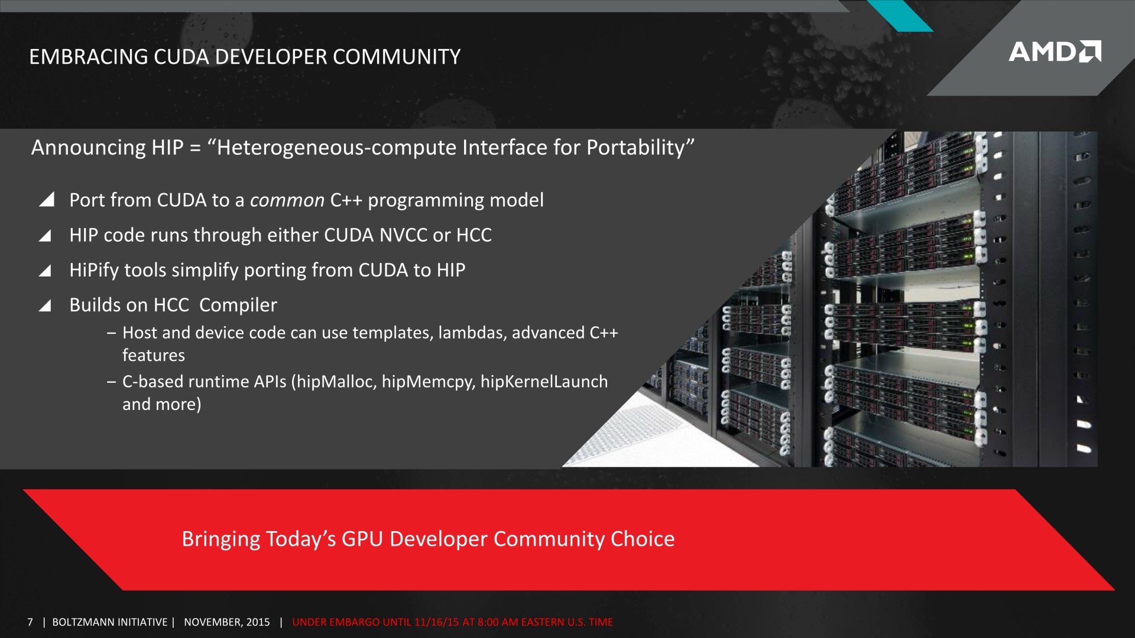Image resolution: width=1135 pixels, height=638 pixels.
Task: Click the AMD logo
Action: [x=1055, y=51]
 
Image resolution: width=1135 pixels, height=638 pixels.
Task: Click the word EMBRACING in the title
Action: [x=89, y=57]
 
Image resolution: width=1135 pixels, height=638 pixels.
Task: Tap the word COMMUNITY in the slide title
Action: [x=397, y=57]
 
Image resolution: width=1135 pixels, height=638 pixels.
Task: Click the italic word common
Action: [x=287, y=201]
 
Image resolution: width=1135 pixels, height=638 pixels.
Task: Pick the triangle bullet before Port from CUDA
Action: [x=47, y=200]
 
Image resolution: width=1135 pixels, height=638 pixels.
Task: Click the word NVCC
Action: [x=403, y=235]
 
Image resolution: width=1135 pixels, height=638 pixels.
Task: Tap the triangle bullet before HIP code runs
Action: [x=45, y=236]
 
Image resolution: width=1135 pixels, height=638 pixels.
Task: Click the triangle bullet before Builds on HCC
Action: [x=45, y=305]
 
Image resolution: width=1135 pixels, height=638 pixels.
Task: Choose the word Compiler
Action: [x=238, y=305]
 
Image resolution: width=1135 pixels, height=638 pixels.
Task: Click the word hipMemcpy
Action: [x=428, y=382]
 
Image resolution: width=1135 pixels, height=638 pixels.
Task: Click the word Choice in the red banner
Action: [x=643, y=539]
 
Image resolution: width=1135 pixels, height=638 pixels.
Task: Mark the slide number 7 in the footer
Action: [x=30, y=622]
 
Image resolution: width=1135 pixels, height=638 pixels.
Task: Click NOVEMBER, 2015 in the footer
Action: [x=227, y=622]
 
